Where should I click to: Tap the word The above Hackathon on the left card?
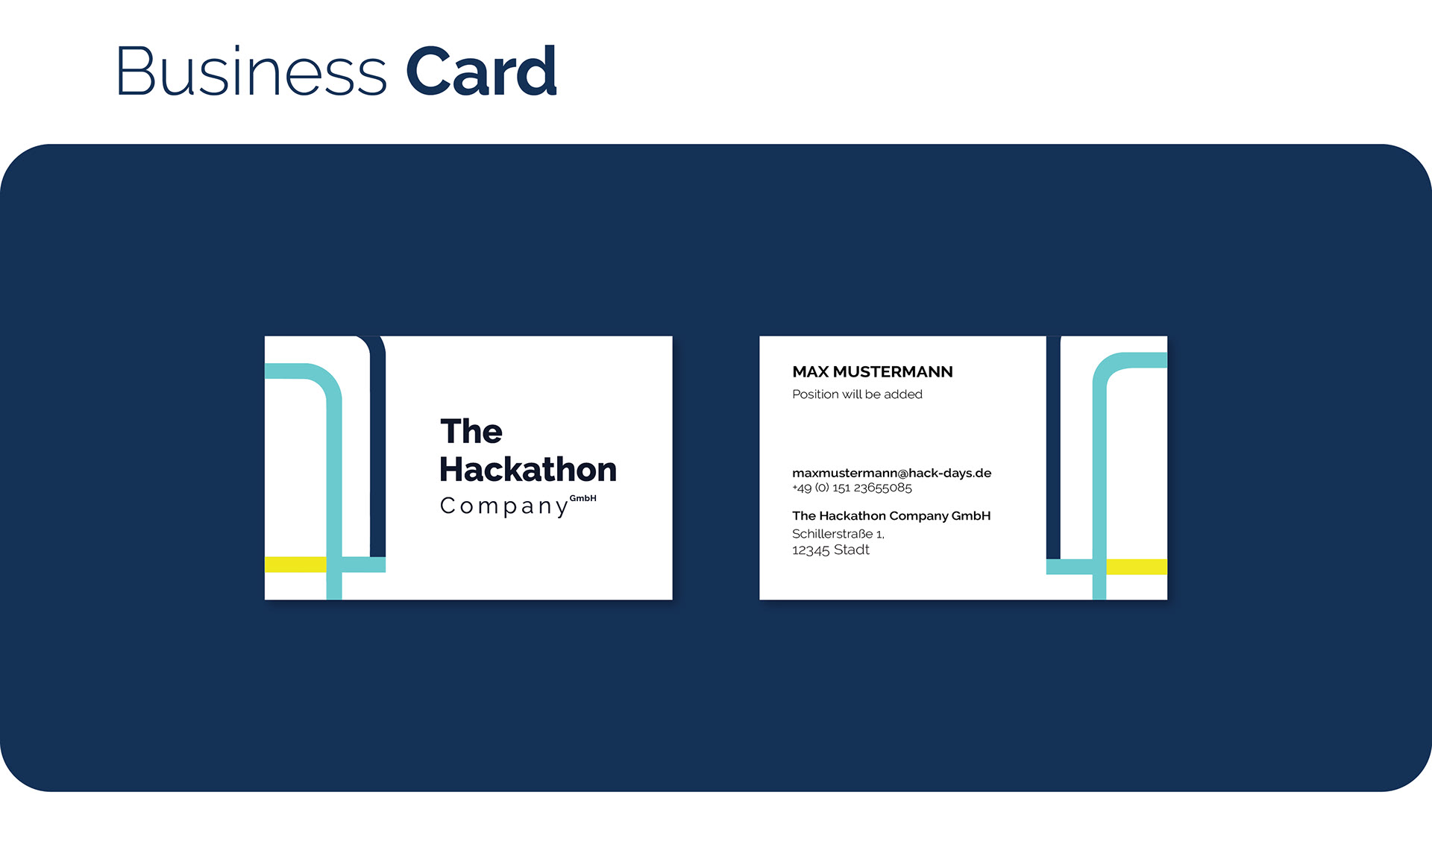point(471,431)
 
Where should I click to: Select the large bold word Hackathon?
point(528,469)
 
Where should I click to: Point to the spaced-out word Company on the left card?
point(504,506)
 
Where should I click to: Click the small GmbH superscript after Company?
point(583,498)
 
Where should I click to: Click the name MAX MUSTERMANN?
point(873,371)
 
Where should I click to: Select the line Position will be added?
point(857,394)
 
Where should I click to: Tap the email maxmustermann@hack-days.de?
point(892,473)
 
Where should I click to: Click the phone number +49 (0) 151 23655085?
point(852,488)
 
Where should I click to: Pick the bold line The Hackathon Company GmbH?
point(891,515)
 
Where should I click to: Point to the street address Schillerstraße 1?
point(838,534)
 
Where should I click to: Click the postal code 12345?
point(811,550)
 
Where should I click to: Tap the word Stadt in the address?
point(852,550)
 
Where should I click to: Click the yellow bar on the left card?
point(295,564)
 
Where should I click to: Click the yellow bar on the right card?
point(1137,567)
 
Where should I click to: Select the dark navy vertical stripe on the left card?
point(378,447)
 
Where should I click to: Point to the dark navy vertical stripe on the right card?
point(1053,447)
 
